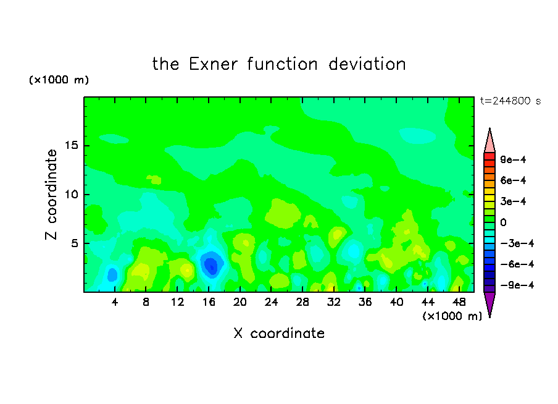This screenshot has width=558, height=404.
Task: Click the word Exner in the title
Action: [213, 64]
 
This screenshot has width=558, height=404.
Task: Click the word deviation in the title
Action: [367, 64]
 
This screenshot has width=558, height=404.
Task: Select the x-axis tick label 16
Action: [209, 302]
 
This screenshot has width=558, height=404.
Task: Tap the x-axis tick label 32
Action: [334, 302]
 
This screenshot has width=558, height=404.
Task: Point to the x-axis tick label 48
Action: [459, 302]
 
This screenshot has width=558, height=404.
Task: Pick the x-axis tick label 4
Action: [115, 302]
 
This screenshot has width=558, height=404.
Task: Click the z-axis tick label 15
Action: [72, 145]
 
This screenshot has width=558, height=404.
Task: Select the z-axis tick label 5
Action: [75, 243]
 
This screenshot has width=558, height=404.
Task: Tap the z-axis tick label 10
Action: [72, 195]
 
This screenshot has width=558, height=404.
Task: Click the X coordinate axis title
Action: [280, 334]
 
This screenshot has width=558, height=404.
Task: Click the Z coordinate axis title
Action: [51, 195]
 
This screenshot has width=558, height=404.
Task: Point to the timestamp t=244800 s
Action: [510, 101]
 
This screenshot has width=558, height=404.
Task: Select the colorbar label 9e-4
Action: [513, 159]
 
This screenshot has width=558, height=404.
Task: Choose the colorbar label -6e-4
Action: [517, 264]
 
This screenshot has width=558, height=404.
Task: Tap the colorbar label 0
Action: [503, 222]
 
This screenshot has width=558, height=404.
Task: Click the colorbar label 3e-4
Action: [513, 201]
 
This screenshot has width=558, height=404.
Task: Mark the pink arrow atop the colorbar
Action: [489, 141]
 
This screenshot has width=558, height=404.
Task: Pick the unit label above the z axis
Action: [59, 80]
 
